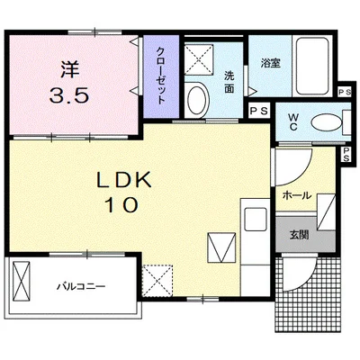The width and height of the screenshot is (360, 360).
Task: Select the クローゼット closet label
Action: [159, 76]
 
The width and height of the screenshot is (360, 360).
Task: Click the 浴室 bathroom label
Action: [269, 64]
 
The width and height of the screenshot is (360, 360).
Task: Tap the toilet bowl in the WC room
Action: [325, 123]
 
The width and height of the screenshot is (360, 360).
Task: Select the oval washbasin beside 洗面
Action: [198, 95]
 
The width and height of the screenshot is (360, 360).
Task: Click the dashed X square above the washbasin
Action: [197, 59]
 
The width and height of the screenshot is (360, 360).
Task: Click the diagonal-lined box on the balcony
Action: [22, 281]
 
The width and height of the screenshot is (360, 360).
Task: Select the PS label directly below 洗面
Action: [257, 110]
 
